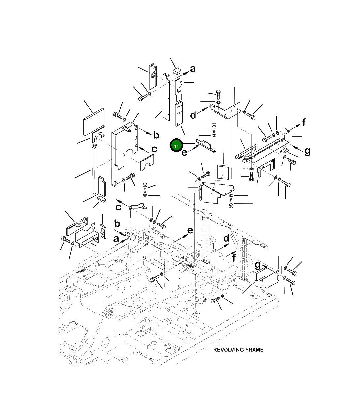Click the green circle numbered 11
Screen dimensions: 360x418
(x=176, y=145)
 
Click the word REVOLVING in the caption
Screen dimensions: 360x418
(x=226, y=350)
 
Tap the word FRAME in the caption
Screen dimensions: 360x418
(x=252, y=350)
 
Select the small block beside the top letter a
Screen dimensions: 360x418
(x=177, y=71)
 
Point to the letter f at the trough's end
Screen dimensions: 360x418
(x=304, y=122)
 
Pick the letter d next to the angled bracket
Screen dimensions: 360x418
(x=193, y=115)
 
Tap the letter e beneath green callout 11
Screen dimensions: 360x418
(x=184, y=153)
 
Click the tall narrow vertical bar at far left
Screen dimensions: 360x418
(x=94, y=169)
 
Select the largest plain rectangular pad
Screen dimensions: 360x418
(x=94, y=122)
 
